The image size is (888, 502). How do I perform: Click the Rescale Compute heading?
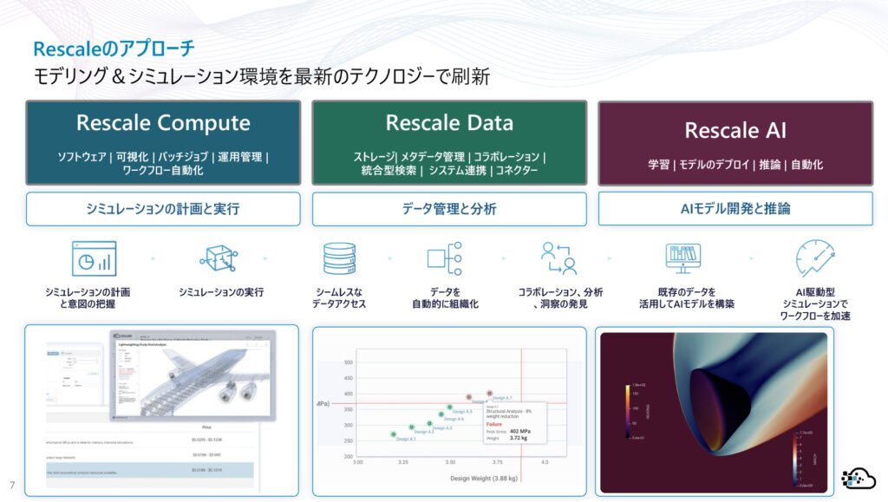tap(163, 123)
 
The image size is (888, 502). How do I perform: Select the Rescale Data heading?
tap(449, 123)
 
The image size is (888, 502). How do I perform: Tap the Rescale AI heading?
tap(735, 130)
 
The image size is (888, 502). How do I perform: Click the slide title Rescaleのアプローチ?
tap(114, 49)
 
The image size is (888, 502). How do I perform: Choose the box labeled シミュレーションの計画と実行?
tap(163, 209)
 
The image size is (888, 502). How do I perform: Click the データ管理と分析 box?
tap(449, 209)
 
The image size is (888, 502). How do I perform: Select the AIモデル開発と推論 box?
tap(735, 209)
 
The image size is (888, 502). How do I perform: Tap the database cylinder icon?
tap(339, 258)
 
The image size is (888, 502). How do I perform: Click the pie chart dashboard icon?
tap(94, 258)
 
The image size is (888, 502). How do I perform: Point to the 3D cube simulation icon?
tap(219, 258)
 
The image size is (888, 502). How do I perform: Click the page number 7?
tap(12, 484)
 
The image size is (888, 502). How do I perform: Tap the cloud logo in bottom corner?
tap(859, 478)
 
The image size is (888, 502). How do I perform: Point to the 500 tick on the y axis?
tap(348, 362)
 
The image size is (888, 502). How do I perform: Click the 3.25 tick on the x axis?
tap(404, 463)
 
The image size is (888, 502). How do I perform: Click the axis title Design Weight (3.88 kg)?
tap(483, 478)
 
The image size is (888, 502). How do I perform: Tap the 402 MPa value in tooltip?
tap(519, 430)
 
